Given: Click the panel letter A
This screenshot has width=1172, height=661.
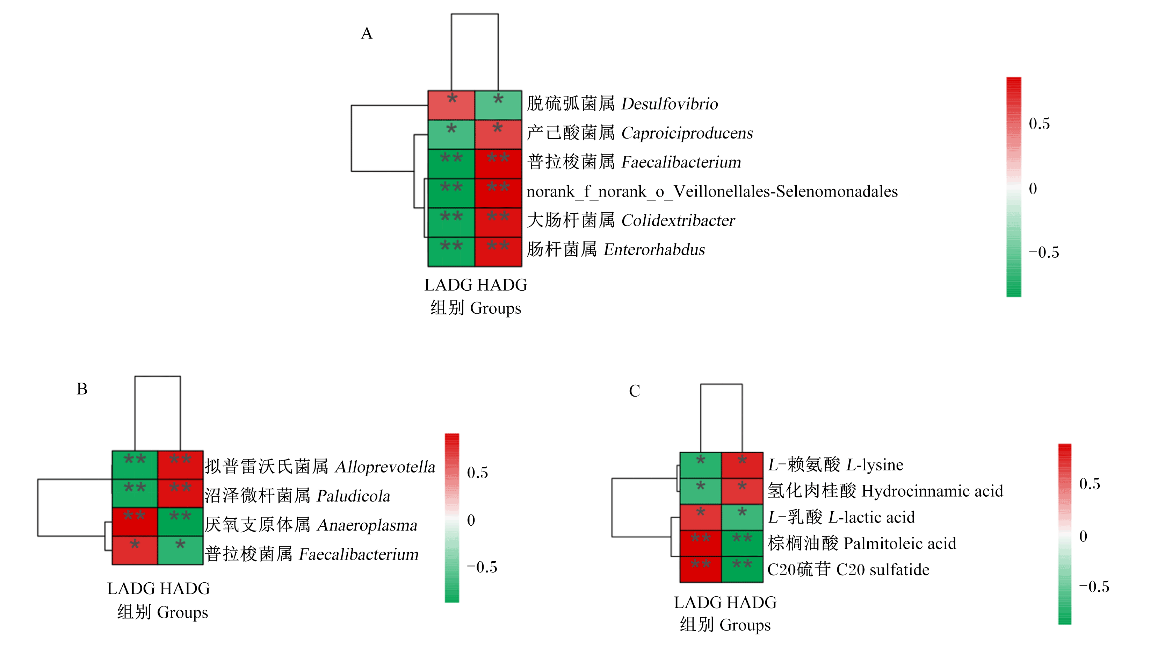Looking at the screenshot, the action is [x=367, y=33].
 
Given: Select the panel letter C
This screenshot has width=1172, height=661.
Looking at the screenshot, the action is [x=634, y=391].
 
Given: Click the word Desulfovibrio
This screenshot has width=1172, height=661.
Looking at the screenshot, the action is [x=670, y=104].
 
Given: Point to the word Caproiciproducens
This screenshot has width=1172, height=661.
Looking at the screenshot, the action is [x=687, y=133].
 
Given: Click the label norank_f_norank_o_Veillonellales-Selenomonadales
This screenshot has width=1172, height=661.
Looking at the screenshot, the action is [x=712, y=192].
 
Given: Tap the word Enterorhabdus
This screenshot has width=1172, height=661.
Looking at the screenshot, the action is [x=654, y=249].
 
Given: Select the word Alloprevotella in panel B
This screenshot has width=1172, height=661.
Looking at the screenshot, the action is [x=385, y=467].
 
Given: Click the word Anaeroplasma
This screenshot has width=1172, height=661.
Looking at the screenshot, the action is [x=367, y=525].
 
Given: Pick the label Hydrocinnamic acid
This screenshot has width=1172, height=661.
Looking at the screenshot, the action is [x=932, y=491].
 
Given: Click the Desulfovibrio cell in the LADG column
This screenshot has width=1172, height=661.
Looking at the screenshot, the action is [x=451, y=105].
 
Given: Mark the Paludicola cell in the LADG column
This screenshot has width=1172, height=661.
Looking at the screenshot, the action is [x=135, y=493].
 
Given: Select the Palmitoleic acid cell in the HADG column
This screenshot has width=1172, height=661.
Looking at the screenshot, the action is [x=742, y=543].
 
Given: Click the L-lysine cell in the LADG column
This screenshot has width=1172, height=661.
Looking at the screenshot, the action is [x=701, y=465].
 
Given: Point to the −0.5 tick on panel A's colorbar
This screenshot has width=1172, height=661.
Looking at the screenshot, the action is [x=1044, y=253].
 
